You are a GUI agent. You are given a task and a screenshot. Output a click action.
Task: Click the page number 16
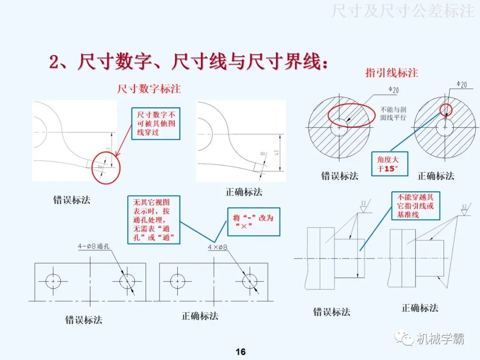coord(240,352)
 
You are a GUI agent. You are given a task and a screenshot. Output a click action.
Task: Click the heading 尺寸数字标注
coord(149,88)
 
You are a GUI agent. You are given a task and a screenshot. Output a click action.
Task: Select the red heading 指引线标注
coord(392,72)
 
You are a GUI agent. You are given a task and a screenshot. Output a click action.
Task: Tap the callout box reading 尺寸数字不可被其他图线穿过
coord(156,124)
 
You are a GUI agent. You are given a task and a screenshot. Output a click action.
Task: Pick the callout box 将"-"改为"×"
coord(253,221)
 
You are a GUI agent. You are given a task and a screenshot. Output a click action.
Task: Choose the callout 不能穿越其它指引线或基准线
coord(415,206)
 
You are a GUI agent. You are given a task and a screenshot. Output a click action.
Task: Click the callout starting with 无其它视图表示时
coord(154,220)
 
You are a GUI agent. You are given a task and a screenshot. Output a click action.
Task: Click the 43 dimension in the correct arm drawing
coord(277,153)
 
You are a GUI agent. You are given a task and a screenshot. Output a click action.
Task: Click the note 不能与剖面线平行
coord(393,113)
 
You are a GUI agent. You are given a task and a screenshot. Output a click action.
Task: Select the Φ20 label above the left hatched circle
coord(393,90)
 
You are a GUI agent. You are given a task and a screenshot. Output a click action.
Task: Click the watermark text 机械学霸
coord(440,339)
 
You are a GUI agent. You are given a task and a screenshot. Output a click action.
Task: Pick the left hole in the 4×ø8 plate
coord(178,281)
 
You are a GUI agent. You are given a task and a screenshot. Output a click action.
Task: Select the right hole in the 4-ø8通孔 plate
coord(127,281)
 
